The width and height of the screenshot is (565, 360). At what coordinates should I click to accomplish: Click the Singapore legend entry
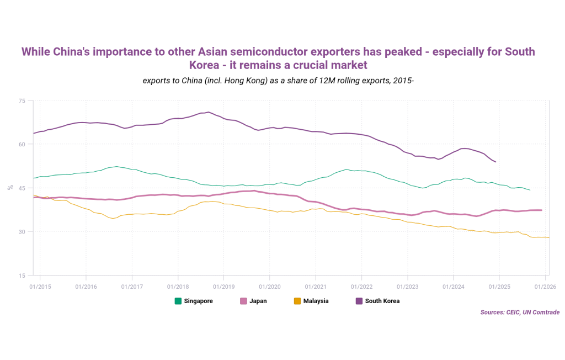(x=194, y=301)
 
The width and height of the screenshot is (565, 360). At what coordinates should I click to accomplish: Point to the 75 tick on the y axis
(x=22, y=101)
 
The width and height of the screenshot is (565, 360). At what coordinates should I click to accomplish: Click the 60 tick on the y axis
(x=22, y=145)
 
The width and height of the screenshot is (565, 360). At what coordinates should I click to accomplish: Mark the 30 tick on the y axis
(x=22, y=232)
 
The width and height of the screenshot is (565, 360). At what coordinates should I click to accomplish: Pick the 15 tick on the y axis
(x=22, y=276)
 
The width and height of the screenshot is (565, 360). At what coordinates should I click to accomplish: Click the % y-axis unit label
(x=10, y=188)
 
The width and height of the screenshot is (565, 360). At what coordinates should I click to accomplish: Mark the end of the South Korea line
(x=496, y=162)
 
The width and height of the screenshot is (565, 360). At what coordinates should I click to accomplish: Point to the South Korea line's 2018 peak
(x=207, y=112)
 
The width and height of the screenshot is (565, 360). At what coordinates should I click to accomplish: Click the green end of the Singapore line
(x=530, y=190)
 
